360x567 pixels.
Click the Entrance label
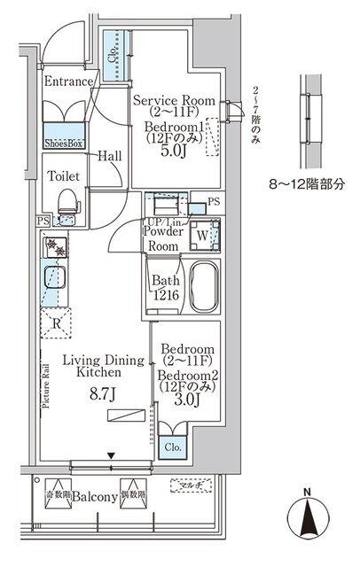click(68, 82)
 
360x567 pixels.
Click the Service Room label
click(174, 101)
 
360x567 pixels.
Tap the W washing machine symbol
click(202, 237)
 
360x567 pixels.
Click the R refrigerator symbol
click(57, 322)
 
